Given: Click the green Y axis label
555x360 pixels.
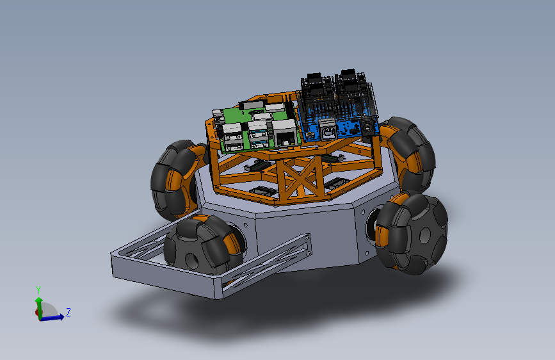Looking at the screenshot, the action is (x=38, y=290).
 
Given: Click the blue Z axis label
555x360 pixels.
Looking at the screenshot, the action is (x=68, y=312).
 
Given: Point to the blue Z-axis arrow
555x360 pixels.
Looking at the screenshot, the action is (x=52, y=318).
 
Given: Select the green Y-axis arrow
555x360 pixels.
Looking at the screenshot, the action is (x=39, y=308).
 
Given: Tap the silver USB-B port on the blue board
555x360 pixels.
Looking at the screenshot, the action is (x=327, y=129).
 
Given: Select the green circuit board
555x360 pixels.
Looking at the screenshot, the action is (x=255, y=127).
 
